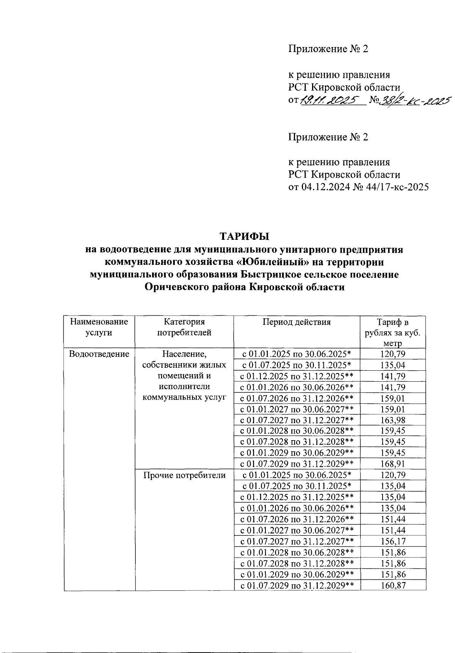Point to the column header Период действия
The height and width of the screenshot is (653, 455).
point(297,322)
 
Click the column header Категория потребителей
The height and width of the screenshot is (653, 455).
point(184,327)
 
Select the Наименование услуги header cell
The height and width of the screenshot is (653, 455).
point(99,327)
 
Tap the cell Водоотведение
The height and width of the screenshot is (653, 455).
point(99,354)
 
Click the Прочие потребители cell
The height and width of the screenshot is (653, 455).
point(184,475)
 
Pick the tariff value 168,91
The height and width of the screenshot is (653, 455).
point(392,464)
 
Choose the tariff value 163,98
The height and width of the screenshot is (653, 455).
point(392,420)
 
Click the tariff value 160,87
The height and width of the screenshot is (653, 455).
point(392,585)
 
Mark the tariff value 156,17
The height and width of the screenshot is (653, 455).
point(392,541)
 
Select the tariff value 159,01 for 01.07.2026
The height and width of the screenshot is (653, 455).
point(392,398)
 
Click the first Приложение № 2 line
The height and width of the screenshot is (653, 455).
point(328,49)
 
